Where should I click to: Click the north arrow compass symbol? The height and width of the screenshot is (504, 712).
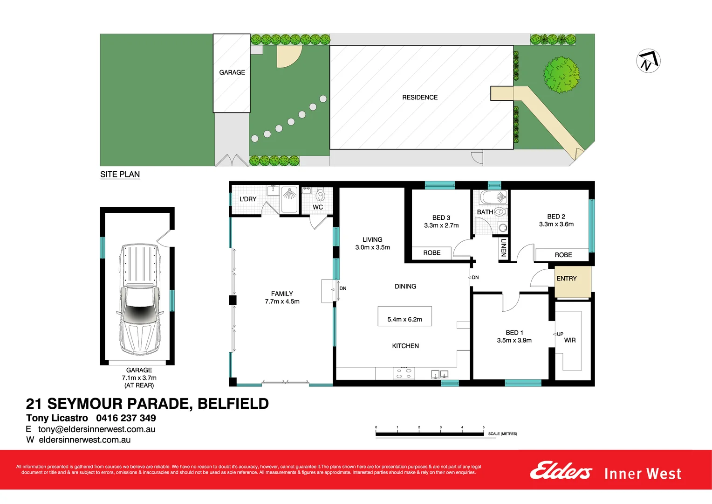coord(648,61)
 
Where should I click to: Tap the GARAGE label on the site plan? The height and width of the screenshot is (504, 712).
coord(232,72)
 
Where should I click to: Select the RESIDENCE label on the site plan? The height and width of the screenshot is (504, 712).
coord(420,98)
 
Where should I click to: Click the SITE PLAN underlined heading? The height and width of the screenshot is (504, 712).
coord(120,175)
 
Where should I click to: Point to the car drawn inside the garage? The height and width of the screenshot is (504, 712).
coord(139,299)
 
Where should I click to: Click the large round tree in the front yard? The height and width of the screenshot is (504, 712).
coord(561,75)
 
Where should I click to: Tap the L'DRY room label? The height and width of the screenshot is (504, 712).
coord(248,199)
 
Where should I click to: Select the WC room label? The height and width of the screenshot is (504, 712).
coord(318,207)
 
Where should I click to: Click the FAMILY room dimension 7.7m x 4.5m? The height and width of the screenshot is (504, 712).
coord(282,301)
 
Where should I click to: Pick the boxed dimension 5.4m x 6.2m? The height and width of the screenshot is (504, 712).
coord(404,319)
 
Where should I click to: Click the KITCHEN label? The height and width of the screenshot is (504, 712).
coord(405,346)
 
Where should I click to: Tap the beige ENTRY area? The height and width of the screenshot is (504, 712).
coord(573,282)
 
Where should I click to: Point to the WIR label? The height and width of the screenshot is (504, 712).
coord(570,340)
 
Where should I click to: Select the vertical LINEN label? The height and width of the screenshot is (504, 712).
coord(503,248)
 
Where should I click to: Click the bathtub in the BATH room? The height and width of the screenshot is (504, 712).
coord(494,197)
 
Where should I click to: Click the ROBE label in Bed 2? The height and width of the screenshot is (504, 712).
coord(563,255)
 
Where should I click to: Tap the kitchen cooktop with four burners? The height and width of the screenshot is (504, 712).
coord(404,373)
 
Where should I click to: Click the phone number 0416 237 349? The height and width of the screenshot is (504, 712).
coord(126,418)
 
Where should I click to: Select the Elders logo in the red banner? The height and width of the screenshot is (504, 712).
coord(561,471)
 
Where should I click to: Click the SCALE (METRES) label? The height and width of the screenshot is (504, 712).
coord(502,434)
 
